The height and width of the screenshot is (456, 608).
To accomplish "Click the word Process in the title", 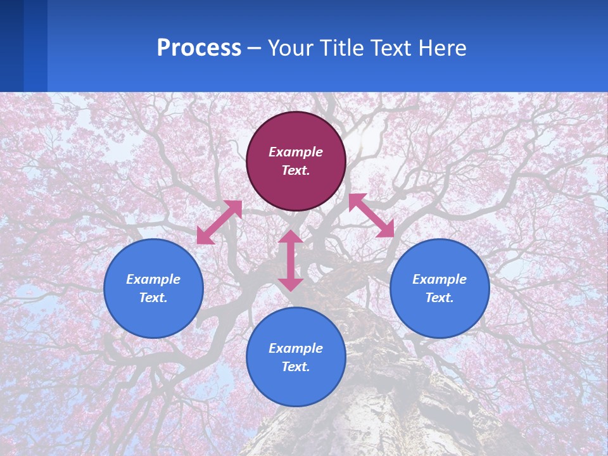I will coord(199,48).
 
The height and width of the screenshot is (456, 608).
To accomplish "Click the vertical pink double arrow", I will coord(291,260).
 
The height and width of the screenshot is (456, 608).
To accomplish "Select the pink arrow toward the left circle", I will coord(219,222).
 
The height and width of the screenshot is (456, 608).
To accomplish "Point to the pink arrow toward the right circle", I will coord(371,215).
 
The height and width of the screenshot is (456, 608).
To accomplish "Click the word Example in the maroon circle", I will coord(296,152).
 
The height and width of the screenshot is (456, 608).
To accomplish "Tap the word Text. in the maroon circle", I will coord(296,170).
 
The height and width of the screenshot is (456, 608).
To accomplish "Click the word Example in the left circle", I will coord(153,279).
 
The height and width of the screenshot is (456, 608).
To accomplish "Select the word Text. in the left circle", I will coord(153,298).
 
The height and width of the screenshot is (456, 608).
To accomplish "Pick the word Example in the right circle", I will coord(440,279).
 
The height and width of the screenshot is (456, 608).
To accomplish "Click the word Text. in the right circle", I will coord(440,298).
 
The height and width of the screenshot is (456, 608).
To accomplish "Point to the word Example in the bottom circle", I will coord(296,348).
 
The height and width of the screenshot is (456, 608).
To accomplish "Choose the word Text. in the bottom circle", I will coord(296,367).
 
